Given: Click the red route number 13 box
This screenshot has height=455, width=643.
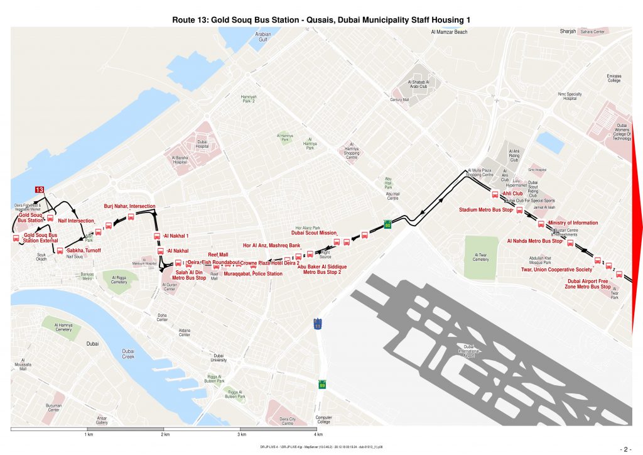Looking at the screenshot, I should click(40, 190).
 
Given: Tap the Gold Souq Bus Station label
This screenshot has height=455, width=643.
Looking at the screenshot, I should click(30, 217).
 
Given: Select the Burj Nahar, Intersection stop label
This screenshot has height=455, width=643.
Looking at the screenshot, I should click(129, 206).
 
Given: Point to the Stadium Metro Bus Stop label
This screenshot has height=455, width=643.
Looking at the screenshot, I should click(486, 209).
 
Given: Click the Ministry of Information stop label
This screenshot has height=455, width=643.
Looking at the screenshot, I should click(573, 223).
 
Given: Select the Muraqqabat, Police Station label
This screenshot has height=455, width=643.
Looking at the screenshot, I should click(253, 274).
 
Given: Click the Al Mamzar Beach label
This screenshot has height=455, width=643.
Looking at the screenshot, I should click(449, 31).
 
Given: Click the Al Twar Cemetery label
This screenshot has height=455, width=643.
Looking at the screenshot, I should click(481, 257).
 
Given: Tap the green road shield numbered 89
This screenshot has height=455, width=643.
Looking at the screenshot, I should click(322, 385).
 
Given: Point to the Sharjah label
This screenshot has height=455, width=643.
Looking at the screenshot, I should click(568, 31).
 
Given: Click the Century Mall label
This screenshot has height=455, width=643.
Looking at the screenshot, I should click(399, 100).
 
